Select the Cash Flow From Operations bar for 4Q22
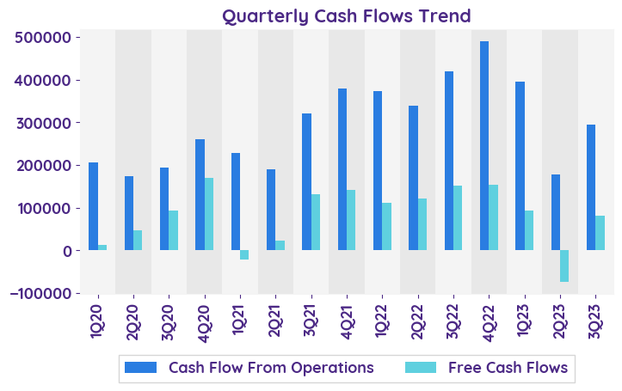[x=484, y=146]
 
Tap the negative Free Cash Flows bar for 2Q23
[x=564, y=266]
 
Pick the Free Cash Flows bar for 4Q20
[x=209, y=214]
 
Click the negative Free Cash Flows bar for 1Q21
[x=244, y=254]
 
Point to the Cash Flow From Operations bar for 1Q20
[x=93, y=206]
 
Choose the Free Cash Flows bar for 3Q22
[x=458, y=218]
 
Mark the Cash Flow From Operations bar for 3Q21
[x=306, y=181]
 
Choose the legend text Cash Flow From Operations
[x=271, y=368]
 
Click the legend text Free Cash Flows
[x=508, y=368]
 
